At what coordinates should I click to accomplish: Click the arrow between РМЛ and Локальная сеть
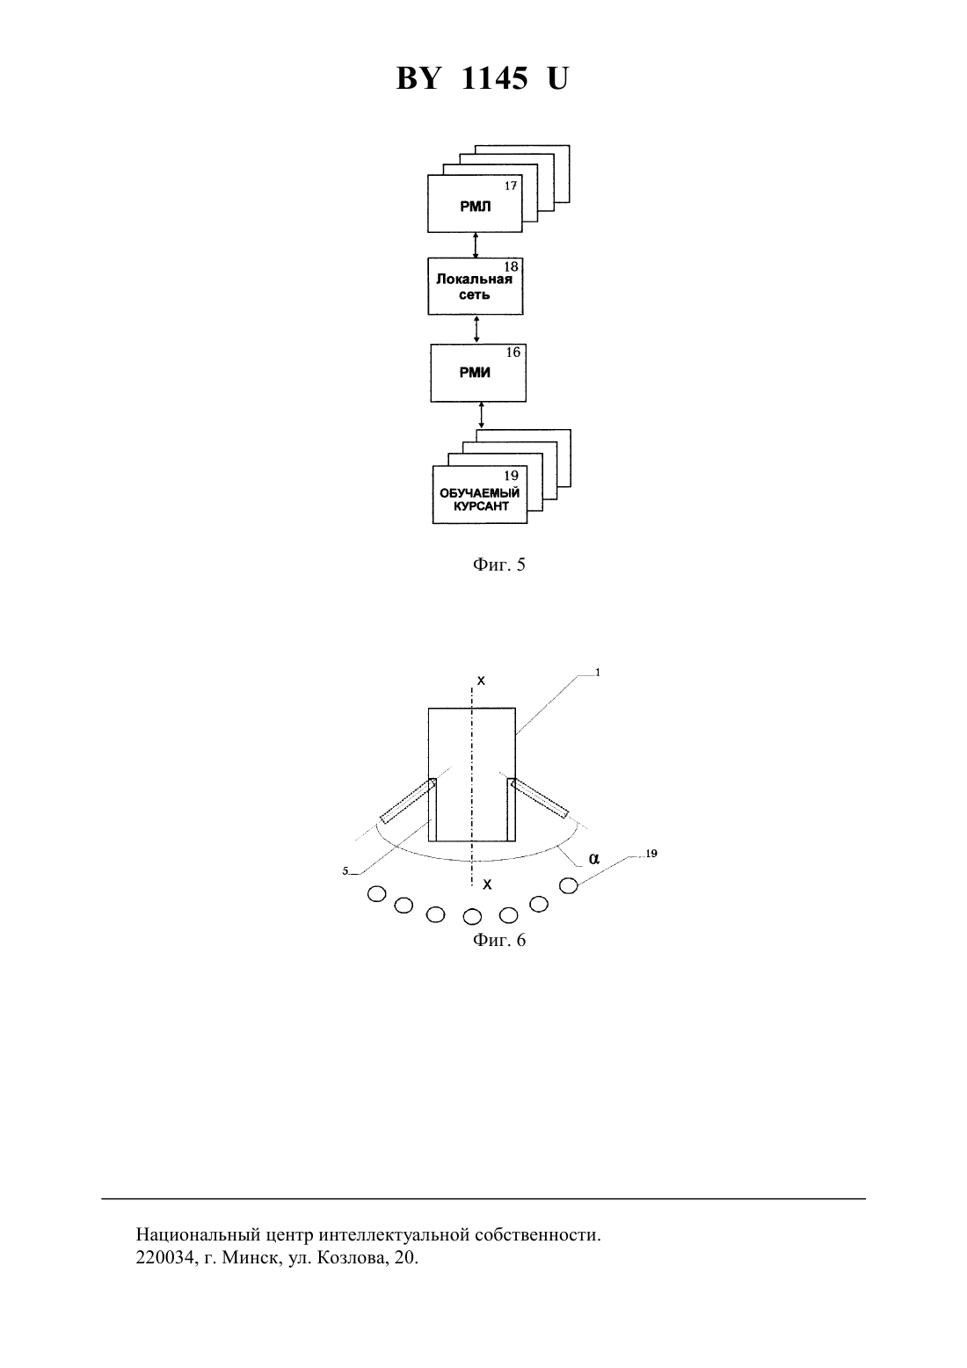476,245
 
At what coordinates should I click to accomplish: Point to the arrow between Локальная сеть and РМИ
476,329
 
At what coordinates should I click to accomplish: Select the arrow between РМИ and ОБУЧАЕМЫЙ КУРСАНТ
481,415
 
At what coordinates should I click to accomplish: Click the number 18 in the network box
511,267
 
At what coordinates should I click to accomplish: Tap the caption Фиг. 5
498,564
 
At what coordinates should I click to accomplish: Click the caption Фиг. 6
498,940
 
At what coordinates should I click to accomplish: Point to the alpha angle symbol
594,859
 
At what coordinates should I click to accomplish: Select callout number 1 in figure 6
598,673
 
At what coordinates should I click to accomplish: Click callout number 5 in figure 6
345,871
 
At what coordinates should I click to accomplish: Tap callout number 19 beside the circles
651,853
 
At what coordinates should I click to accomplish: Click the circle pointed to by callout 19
569,885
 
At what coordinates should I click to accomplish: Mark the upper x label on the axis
481,680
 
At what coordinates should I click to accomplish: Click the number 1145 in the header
494,78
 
